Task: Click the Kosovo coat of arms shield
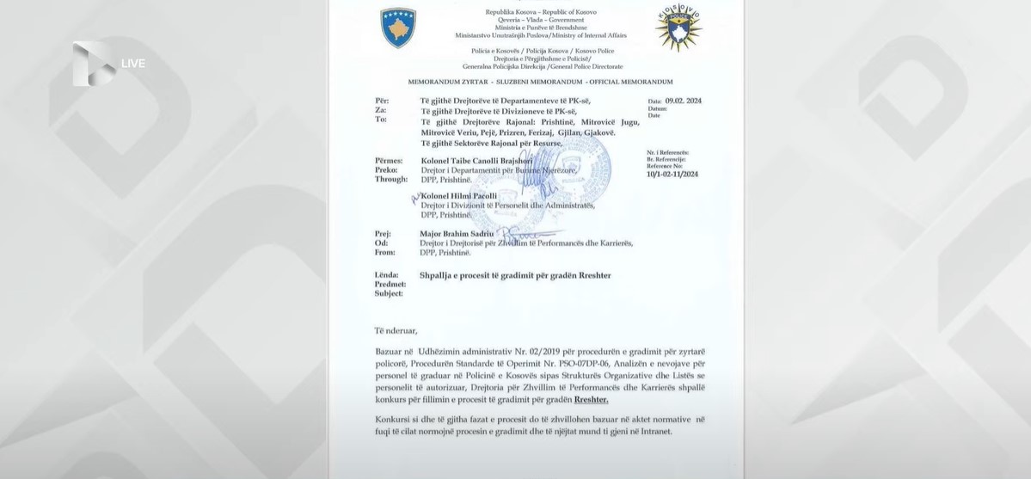(398, 28)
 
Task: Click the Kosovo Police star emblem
(678, 28)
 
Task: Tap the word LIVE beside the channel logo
(133, 64)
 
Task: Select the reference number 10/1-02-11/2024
(672, 174)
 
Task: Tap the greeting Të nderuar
(396, 330)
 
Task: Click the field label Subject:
(389, 292)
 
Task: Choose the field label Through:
(392, 179)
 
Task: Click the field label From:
(387, 253)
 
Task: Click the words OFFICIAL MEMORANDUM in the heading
(629, 81)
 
